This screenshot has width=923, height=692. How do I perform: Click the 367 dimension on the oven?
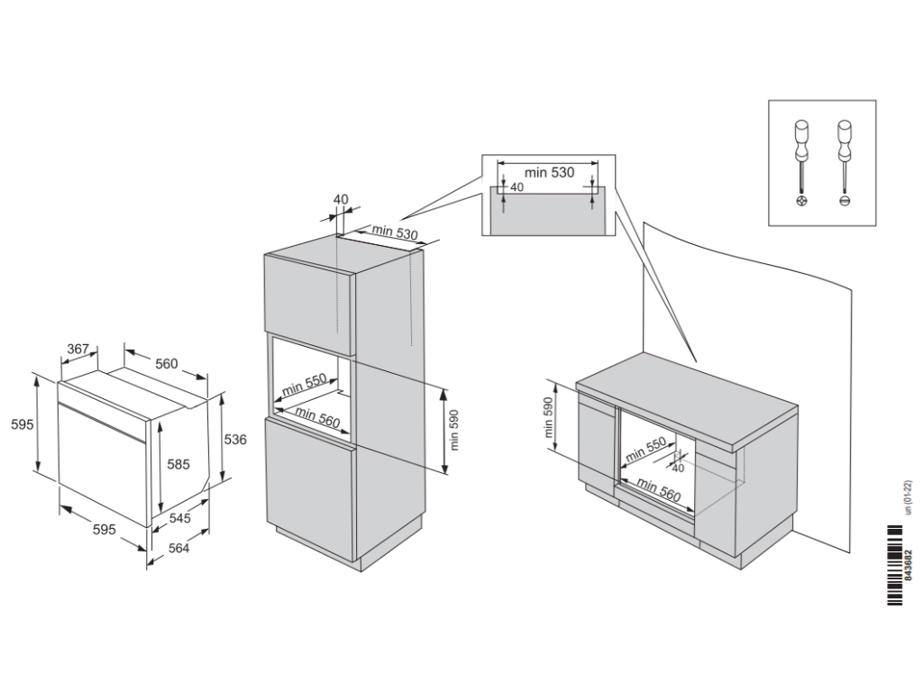click(x=78, y=350)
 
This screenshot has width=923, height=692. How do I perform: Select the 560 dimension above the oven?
click(x=166, y=364)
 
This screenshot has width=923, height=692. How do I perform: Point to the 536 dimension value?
click(x=235, y=439)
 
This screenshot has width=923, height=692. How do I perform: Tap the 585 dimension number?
click(x=178, y=465)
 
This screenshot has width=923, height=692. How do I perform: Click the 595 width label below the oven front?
click(x=104, y=530)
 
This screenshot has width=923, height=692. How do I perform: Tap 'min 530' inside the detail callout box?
click(x=550, y=171)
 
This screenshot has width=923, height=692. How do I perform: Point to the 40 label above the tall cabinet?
click(x=340, y=199)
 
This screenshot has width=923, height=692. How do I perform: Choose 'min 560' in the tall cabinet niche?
click(x=315, y=418)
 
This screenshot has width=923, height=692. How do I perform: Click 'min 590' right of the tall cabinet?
click(x=455, y=429)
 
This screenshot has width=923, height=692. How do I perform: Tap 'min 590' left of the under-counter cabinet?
click(x=549, y=419)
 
